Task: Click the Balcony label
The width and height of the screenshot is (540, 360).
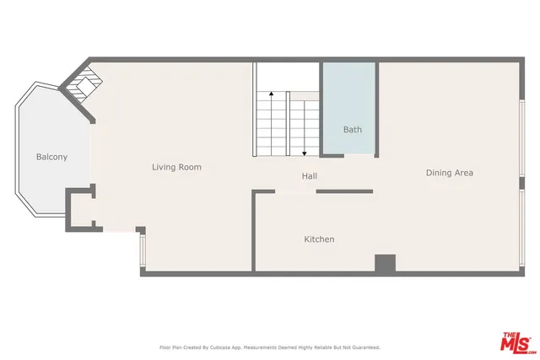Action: [51, 157]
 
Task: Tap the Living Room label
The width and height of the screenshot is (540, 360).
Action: [176, 167]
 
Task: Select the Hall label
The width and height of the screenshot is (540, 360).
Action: [310, 176]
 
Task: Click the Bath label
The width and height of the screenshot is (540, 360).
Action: [352, 130]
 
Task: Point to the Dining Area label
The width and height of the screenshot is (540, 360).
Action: [449, 173]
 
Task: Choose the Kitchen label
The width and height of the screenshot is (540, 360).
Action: [319, 239]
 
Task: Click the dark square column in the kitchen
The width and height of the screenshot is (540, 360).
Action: [386, 263]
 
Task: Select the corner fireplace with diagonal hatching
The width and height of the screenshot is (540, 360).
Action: [84, 83]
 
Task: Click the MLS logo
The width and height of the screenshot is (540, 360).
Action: [517, 341]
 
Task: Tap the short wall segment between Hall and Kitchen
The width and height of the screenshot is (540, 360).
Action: [344, 191]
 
